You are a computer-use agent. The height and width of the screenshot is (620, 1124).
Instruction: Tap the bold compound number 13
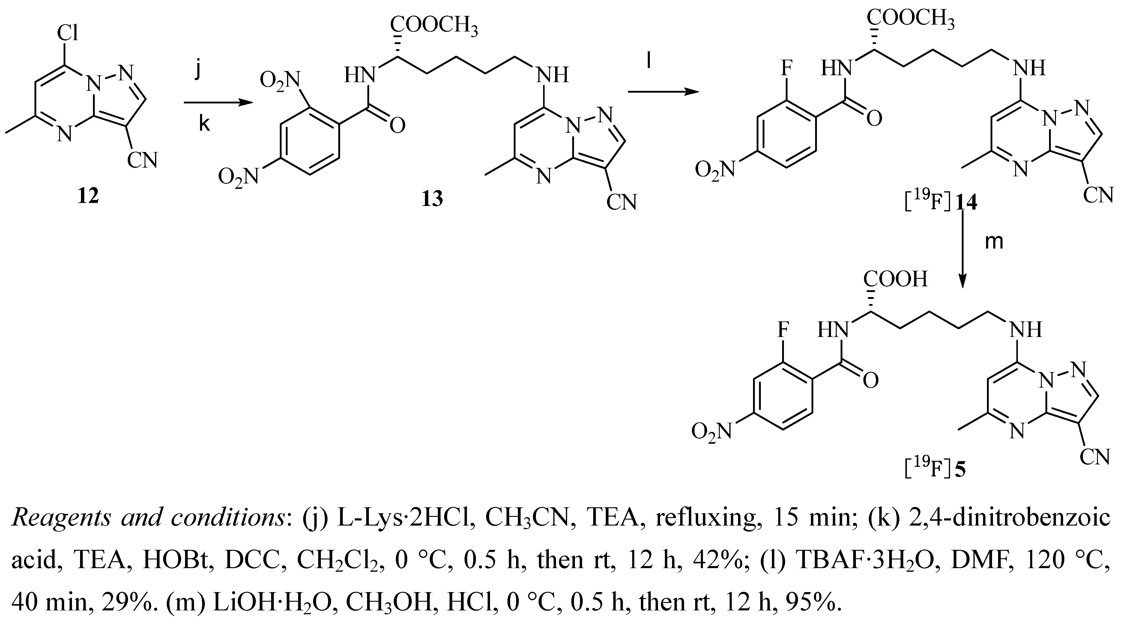[432, 199]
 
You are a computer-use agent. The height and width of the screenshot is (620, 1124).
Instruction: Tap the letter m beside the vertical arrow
[994, 241]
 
